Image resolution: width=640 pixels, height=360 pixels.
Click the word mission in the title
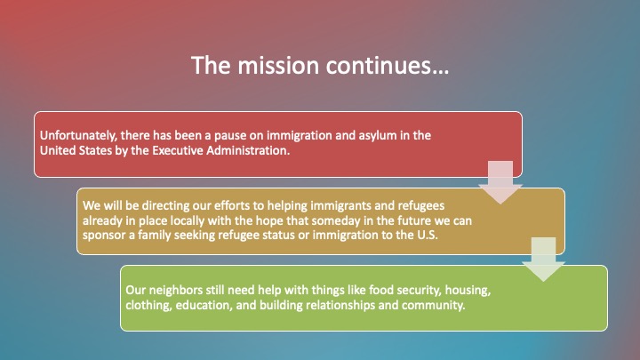[278, 65]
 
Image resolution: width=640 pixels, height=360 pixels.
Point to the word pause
[230, 136]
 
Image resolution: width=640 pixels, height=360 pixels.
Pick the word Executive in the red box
[177, 150]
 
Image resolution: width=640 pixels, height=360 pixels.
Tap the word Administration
[248, 150]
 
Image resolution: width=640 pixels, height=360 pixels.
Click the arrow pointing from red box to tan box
[500, 182]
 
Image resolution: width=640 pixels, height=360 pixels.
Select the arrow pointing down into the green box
[543, 260]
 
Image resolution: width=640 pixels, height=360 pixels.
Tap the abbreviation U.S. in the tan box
[428, 235]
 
